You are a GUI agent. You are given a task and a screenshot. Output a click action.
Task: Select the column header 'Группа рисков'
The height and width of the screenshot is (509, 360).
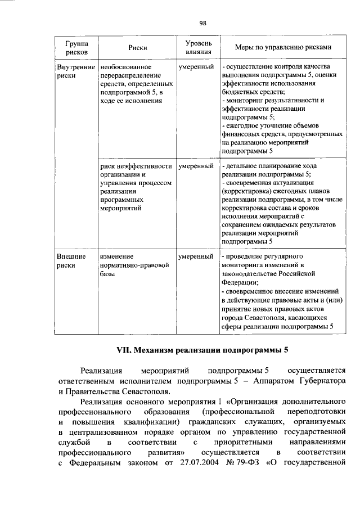click(76, 47)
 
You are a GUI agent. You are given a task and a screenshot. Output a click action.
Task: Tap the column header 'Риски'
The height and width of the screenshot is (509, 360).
click(137, 48)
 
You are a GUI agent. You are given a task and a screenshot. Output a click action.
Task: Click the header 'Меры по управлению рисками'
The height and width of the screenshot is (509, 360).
click(275, 48)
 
